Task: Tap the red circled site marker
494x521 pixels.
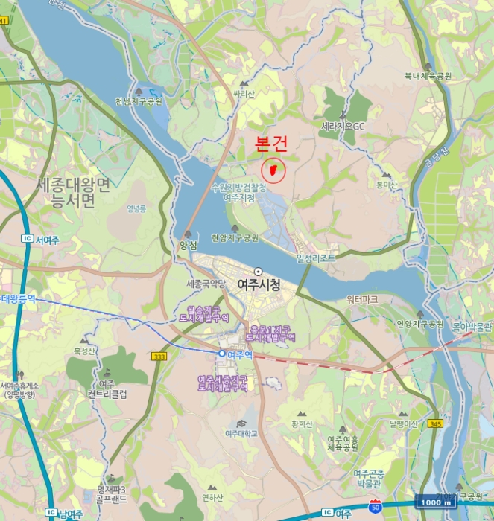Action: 274,170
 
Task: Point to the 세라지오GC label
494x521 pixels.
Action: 343,127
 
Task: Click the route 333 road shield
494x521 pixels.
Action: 159,357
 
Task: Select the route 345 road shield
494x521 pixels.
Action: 435,423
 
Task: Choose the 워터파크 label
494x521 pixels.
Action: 362,299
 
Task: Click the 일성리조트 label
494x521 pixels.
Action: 316,258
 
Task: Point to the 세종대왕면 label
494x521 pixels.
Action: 72,184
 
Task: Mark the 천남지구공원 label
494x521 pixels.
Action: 139,102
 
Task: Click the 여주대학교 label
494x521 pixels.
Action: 241,433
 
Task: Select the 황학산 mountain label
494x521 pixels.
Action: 303,424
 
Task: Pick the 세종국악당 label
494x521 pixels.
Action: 206,284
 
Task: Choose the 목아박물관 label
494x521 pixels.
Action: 472,325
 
